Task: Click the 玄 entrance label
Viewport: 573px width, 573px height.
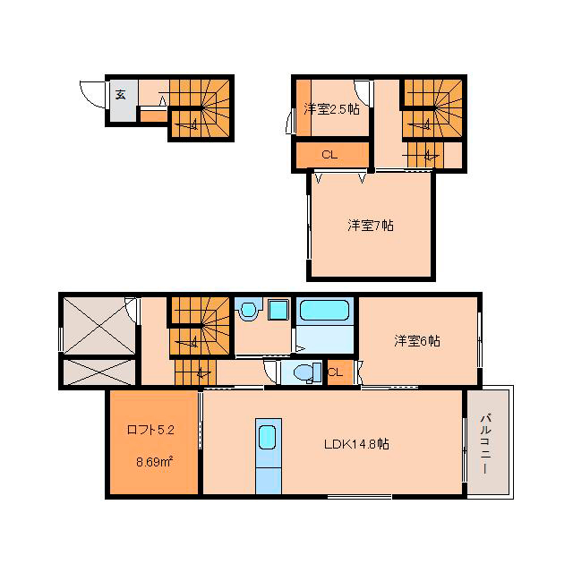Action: coord(121,94)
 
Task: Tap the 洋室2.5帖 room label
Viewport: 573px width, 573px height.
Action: coord(332,109)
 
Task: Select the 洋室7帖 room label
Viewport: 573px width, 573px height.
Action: coord(371,226)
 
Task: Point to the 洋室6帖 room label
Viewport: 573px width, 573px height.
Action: coord(417,341)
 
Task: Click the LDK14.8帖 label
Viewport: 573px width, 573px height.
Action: coord(356,444)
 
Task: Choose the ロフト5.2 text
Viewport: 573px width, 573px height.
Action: coord(150,430)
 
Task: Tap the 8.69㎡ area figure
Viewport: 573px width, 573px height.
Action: coord(154,462)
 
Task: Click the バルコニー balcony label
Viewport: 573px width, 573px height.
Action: coord(485,444)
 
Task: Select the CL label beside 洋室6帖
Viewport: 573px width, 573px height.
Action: coord(336,372)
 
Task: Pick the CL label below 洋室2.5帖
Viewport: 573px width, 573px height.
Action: coord(329,155)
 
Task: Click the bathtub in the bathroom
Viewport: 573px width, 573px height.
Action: coord(324,311)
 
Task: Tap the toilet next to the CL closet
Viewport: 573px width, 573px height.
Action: coord(307,372)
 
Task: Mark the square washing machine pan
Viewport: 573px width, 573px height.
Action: coord(279,311)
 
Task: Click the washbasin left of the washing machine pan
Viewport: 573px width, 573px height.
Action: coord(250,311)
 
